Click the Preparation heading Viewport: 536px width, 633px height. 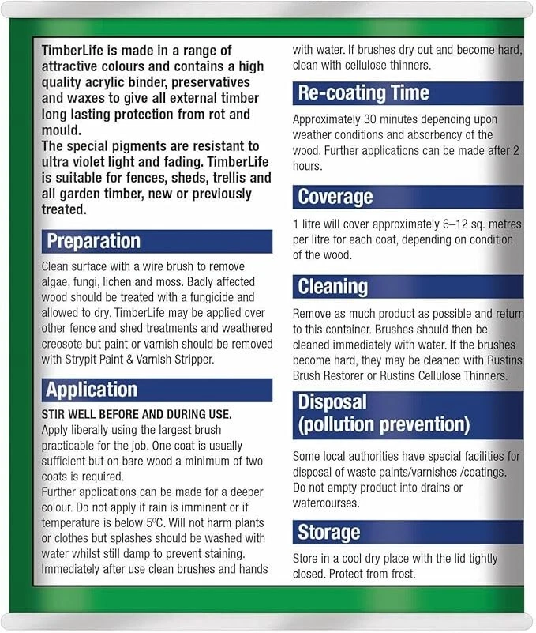[93, 241]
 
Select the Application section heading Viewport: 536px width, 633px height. [92, 390]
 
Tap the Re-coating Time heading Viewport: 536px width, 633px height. [363, 93]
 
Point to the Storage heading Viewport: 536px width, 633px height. [328, 532]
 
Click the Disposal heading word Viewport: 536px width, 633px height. [332, 402]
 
